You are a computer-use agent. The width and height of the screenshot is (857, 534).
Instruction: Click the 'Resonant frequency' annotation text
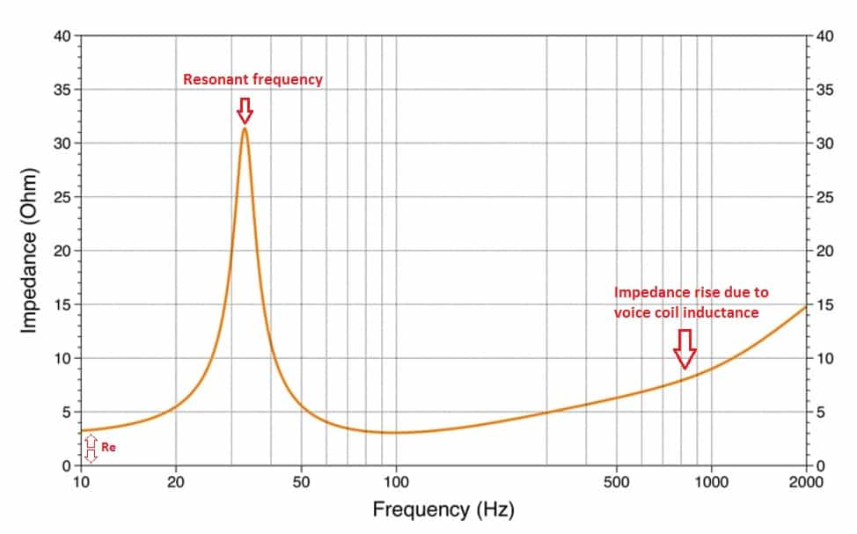253,80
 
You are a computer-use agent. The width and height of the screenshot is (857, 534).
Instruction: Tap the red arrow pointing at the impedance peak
245,111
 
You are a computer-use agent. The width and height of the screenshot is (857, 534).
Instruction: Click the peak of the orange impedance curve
245,129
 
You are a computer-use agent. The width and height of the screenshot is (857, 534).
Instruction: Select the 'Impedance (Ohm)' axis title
28,251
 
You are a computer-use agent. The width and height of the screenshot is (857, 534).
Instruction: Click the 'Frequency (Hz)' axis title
443,509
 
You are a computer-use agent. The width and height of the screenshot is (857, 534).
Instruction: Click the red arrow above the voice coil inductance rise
685,349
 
